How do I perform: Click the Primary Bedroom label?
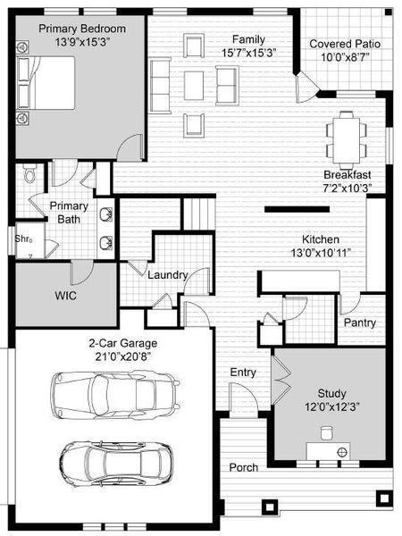81,29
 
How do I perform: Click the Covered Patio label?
343,44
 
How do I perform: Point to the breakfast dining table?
345,134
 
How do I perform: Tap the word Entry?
244,372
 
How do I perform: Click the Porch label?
244,467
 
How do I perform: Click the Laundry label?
167,276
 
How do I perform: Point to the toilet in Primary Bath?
30,173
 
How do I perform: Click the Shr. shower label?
23,239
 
